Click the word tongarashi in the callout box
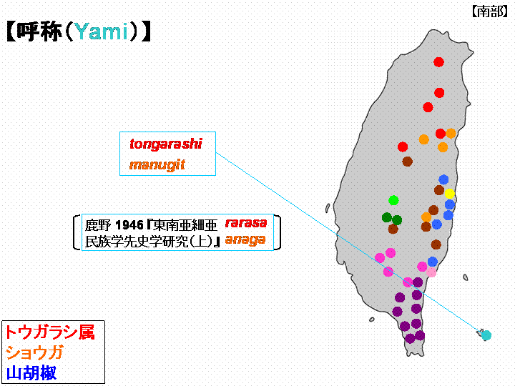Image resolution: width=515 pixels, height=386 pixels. (166, 144)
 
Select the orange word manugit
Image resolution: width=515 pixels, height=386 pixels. (157, 165)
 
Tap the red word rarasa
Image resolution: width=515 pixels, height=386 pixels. (246, 223)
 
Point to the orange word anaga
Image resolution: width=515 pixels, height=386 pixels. (245, 240)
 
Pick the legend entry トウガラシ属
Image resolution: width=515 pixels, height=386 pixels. (50, 332)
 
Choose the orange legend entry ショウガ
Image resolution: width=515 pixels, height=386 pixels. (34, 353)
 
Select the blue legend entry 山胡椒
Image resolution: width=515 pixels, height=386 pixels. (31, 372)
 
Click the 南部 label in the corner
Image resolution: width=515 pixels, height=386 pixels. (490, 12)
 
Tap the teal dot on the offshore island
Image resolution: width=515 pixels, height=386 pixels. (486, 335)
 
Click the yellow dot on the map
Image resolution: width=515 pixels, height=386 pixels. (450, 194)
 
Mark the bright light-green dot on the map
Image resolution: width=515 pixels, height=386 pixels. (393, 200)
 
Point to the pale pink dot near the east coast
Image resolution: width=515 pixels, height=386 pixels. (431, 272)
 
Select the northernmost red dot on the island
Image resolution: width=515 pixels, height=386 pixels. (438, 61)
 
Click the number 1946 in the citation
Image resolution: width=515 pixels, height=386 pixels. (129, 225)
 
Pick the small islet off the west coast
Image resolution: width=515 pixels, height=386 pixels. (328, 208)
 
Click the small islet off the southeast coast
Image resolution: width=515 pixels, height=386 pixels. (466, 277)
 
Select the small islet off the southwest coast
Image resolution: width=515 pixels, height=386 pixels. (372, 320)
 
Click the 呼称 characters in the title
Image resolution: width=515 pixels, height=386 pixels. (39, 31)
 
